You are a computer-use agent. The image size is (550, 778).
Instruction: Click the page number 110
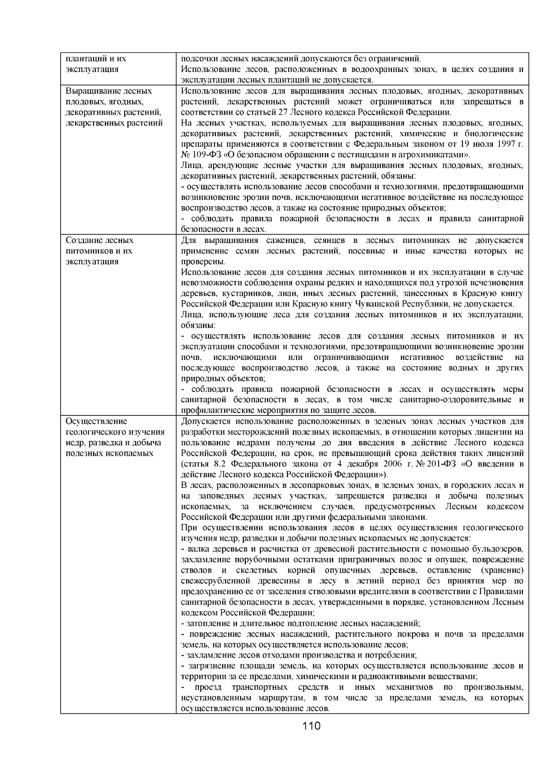click(x=311, y=726)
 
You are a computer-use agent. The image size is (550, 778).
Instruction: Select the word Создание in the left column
click(x=83, y=240)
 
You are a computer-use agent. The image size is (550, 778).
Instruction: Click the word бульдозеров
click(x=499, y=549)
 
